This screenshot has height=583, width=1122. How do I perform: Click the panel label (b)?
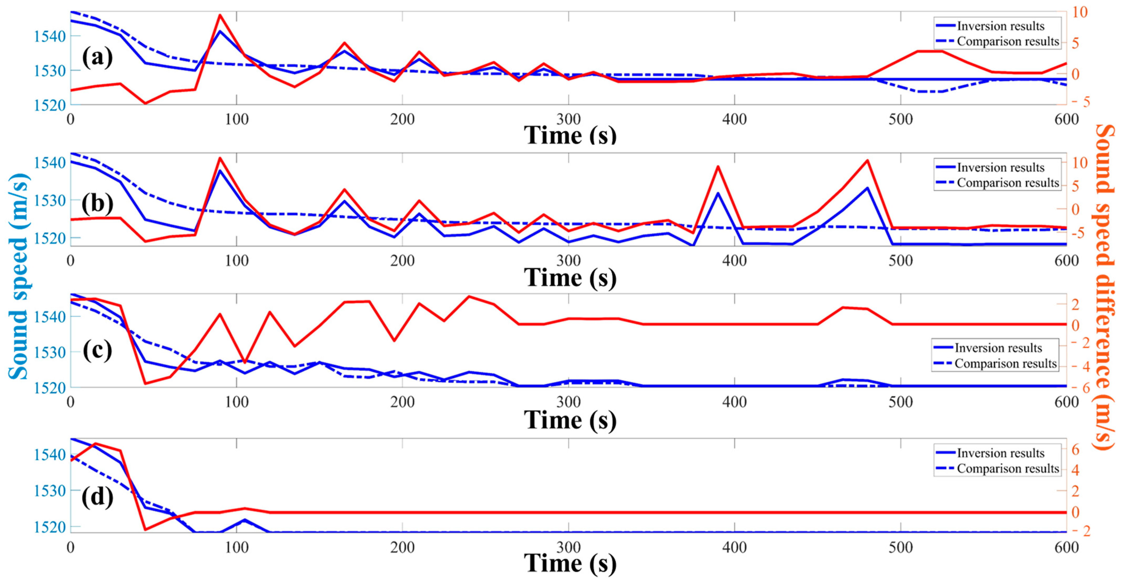point(97,203)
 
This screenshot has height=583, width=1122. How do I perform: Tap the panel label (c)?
point(97,350)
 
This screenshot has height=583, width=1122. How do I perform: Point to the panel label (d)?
point(97,496)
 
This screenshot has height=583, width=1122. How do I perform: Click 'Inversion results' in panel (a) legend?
point(1000,26)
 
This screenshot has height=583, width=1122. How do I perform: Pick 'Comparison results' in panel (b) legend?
point(1007,183)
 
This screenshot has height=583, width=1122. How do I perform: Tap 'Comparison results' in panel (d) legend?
point(1007,468)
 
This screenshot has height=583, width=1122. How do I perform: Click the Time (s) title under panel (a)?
point(570,135)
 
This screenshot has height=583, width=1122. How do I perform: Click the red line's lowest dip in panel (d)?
point(145,530)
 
